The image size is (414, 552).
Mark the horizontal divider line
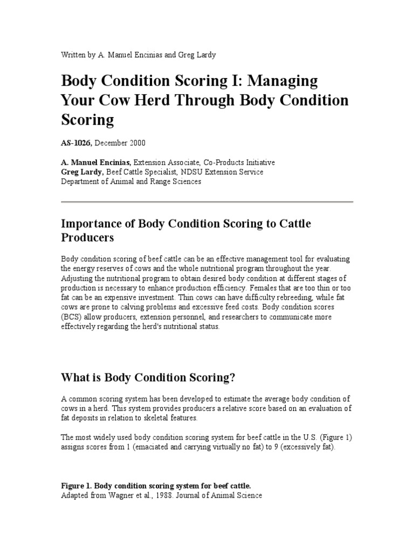tap(207, 202)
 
